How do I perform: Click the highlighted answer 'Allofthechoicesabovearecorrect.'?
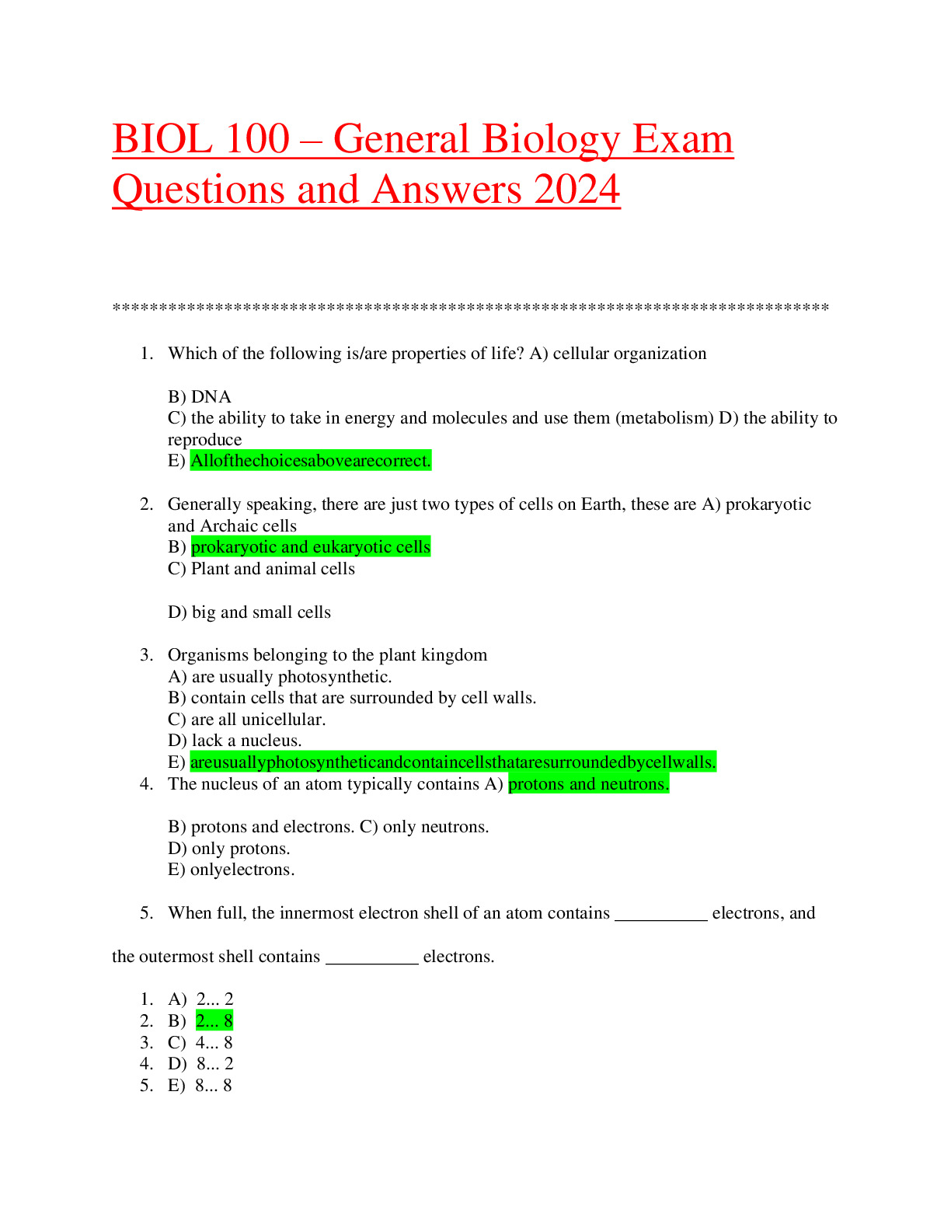click(x=310, y=461)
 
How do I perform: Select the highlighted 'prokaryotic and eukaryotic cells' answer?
click(x=310, y=547)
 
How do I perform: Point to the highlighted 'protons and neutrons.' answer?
click(x=588, y=784)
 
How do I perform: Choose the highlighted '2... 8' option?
click(x=214, y=1020)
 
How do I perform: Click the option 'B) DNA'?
click(x=200, y=396)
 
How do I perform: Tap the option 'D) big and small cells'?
click(x=249, y=612)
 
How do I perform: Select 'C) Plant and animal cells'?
click(x=261, y=569)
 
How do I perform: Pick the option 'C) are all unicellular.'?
click(x=246, y=720)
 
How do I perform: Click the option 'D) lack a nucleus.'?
click(x=235, y=741)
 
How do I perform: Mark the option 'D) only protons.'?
click(x=229, y=849)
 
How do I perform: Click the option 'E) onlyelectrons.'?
click(x=231, y=870)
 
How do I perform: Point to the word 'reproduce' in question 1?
click(x=204, y=440)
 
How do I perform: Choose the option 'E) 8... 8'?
click(x=200, y=1086)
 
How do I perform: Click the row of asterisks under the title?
click(x=471, y=309)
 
